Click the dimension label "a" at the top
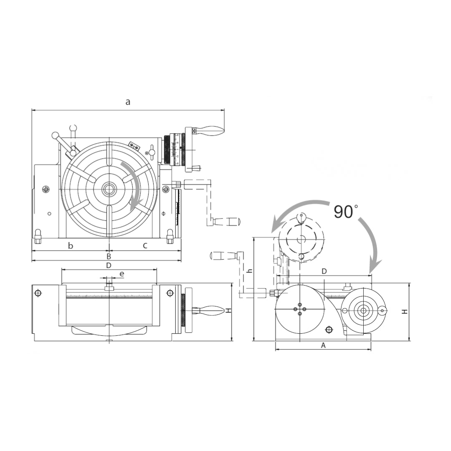pyautogui.click(x=128, y=102)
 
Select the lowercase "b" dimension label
pyautogui.click(x=71, y=246)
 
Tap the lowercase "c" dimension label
pyautogui.click(x=145, y=246)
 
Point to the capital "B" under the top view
pyautogui.click(x=109, y=256)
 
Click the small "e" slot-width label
pyautogui.click(x=122, y=274)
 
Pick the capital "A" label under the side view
pyautogui.click(x=323, y=345)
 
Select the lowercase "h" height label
pyautogui.click(x=250, y=271)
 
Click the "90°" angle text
pyautogui.click(x=344, y=212)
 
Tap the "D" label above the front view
pyautogui.click(x=109, y=265)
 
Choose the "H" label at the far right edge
pyautogui.click(x=404, y=312)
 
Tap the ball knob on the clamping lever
pyautogui.click(x=55, y=135)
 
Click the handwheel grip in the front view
pyautogui.click(x=212, y=310)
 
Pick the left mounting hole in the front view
pyautogui.click(x=38, y=293)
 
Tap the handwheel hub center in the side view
pyautogui.click(x=362, y=310)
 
